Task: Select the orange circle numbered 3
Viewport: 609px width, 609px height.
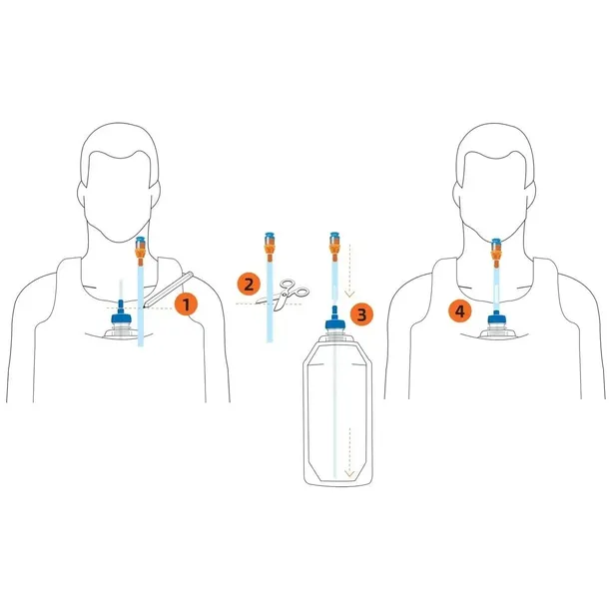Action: coord(361,314)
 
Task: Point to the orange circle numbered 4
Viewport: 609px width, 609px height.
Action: coord(458,311)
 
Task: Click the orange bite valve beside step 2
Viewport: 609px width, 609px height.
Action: coord(269,243)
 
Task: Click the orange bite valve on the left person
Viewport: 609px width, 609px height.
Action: coord(141,245)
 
